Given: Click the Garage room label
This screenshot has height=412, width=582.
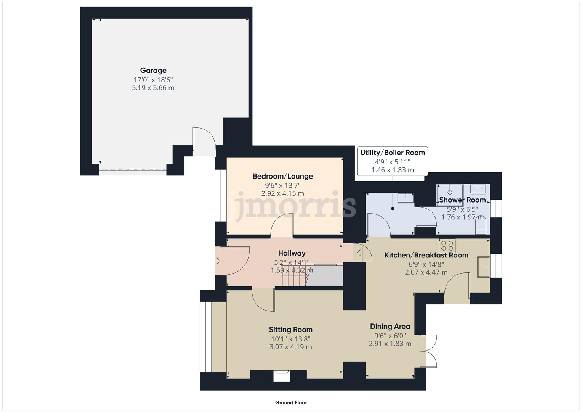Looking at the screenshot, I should coord(153,71).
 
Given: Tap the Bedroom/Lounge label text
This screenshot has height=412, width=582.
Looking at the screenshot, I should coord(282,176).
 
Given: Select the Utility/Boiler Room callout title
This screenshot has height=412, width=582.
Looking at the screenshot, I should coord(392,153).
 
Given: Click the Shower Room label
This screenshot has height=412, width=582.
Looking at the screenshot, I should coord(462,200).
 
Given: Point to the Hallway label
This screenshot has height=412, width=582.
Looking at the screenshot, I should coord(292,253).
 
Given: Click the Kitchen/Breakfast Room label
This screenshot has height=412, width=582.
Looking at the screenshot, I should coord(426,255).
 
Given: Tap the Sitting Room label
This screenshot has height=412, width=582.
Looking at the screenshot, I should coord(290,330).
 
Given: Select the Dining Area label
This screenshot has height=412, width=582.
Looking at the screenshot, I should coord(390,327).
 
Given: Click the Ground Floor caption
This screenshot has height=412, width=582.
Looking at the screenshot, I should coord(291,402).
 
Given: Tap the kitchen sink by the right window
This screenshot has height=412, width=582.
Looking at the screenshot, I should coord(484,267).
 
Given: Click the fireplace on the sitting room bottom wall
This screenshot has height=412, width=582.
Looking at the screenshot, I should coord(282,376).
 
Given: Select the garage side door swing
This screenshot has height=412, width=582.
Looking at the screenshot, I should coord(204,141).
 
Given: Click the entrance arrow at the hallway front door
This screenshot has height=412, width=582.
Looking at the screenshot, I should coord(218,261).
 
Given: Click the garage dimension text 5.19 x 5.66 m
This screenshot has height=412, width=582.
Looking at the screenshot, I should coord(153,88).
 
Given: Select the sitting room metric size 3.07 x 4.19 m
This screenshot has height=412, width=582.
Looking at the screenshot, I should coord(290,347).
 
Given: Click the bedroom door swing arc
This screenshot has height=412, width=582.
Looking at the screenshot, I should coord(282,225).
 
